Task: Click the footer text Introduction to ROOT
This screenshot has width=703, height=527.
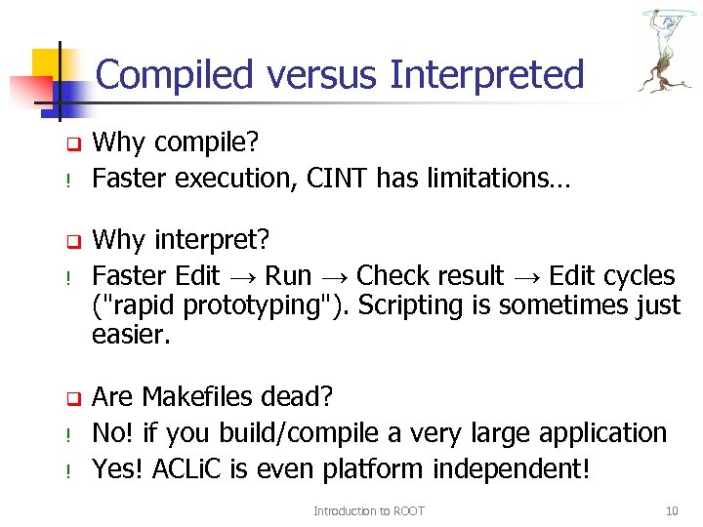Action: point(368,510)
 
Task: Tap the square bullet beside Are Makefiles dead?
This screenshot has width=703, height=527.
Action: point(71,398)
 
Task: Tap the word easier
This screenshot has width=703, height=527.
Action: point(130,336)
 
